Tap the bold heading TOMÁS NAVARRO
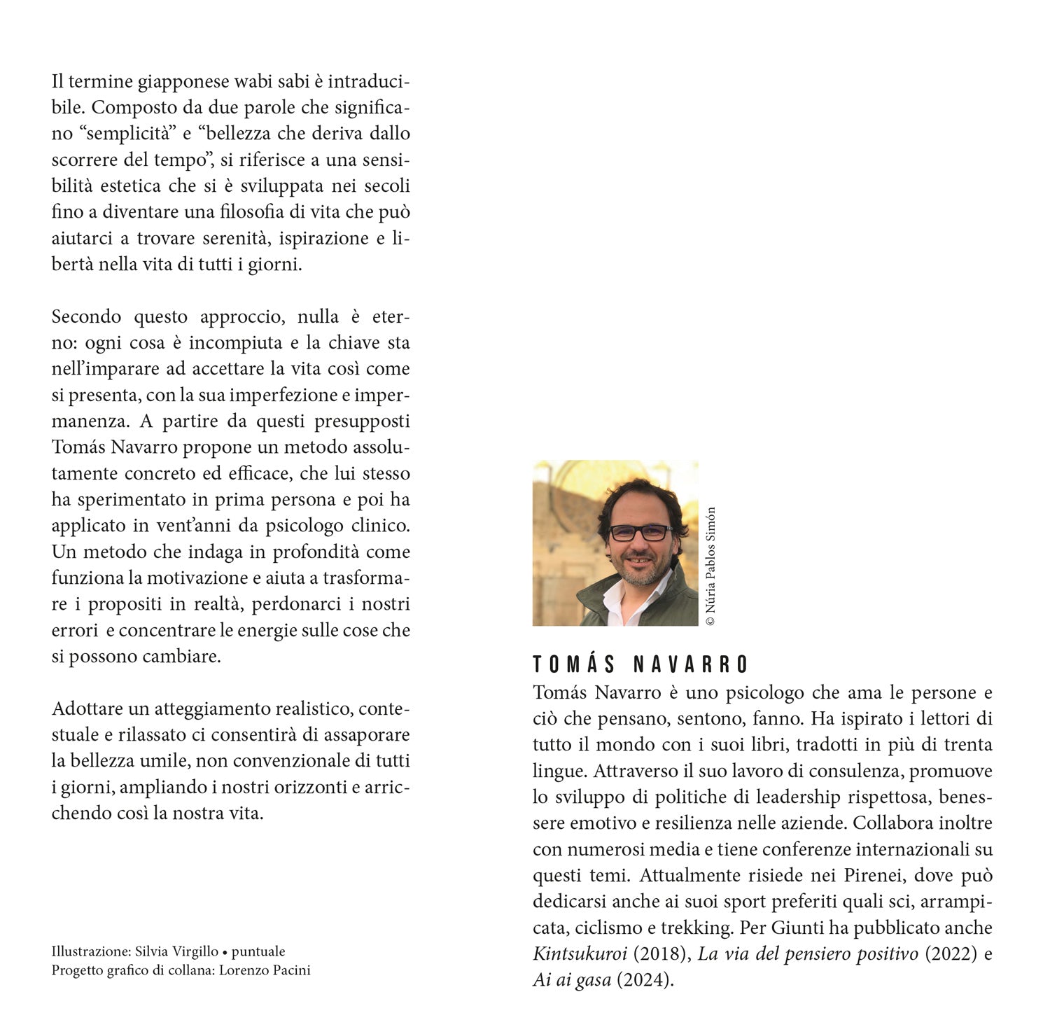click(640, 664)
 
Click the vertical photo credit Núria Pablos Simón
click(710, 566)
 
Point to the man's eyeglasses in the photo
click(640, 532)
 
